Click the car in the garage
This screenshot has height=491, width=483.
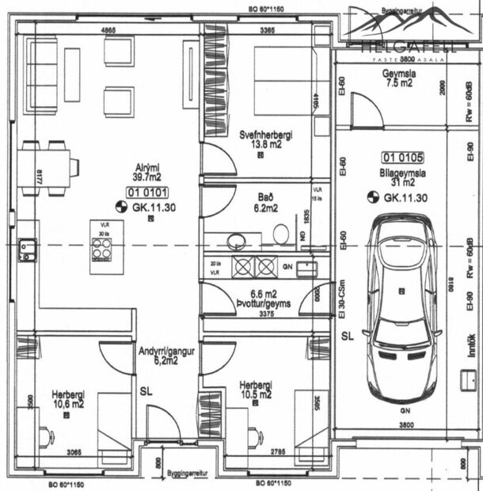click(403, 306)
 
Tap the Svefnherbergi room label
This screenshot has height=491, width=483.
click(266, 140)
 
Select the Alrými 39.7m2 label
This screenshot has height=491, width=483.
click(148, 172)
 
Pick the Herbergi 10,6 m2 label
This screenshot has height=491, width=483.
click(68, 398)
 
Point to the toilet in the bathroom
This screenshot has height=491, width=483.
click(280, 234)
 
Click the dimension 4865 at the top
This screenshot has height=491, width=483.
click(108, 30)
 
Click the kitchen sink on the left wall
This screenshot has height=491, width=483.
click(26, 250)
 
